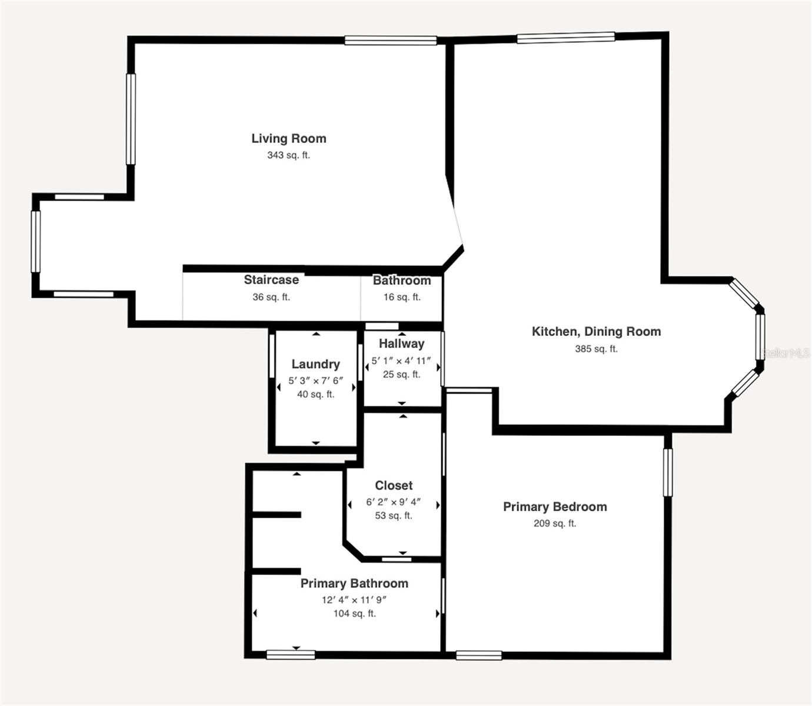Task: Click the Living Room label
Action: click(x=288, y=138)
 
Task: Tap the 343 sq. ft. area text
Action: click(x=288, y=155)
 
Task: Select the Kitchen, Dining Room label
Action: click(x=596, y=331)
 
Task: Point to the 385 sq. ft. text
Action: click(x=596, y=348)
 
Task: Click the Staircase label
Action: click(x=271, y=280)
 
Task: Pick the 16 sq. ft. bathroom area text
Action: click(x=402, y=297)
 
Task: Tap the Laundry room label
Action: click(x=315, y=364)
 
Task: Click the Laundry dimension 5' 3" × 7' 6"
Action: click(x=315, y=381)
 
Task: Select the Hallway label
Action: click(x=401, y=344)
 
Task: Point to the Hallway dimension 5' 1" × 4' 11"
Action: click(x=401, y=361)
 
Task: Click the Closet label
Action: click(x=394, y=485)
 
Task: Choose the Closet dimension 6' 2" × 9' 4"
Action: click(x=394, y=502)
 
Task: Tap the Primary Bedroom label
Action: click(x=555, y=507)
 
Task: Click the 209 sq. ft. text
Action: click(x=555, y=523)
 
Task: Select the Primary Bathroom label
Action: click(x=354, y=583)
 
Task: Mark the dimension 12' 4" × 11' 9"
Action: click(x=354, y=600)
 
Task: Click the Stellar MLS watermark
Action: click(x=786, y=353)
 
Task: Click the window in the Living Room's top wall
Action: click(x=391, y=41)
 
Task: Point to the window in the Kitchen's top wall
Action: click(x=565, y=38)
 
